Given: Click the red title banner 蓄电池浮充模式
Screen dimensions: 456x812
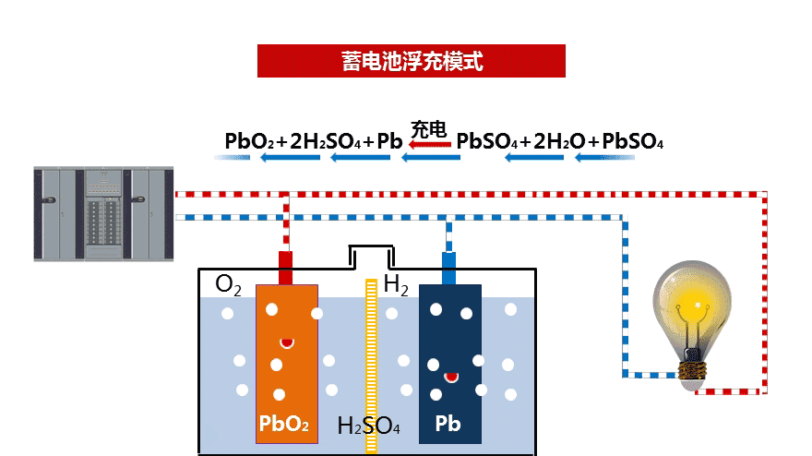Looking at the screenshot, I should (411, 61).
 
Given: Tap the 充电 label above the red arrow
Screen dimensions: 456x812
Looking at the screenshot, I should (429, 128).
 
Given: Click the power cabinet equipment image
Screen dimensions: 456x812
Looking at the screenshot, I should (102, 213).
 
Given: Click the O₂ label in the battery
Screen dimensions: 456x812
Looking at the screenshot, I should (228, 284).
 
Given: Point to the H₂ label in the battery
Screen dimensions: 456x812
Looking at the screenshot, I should (396, 285).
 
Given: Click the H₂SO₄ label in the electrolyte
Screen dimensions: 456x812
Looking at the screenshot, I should (368, 426).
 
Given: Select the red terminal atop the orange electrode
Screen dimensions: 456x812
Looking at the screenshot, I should (286, 267).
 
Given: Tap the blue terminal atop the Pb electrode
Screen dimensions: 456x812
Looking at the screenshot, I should (448, 268).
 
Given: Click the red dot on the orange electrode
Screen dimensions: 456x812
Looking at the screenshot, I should (287, 342).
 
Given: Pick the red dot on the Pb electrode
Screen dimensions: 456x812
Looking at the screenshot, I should (451, 376).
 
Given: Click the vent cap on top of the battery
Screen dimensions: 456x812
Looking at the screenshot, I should (372, 256).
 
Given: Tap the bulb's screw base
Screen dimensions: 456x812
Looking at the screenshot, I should (693, 372).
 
